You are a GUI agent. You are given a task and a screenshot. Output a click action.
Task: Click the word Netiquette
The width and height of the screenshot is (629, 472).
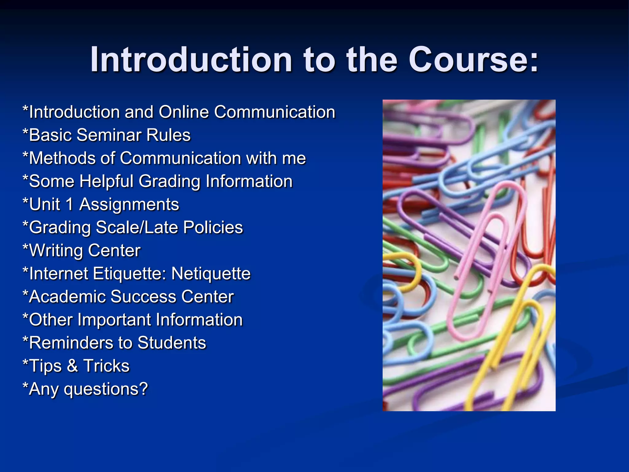click(211, 273)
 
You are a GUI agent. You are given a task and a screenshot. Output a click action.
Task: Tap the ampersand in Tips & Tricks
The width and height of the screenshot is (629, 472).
click(72, 366)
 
